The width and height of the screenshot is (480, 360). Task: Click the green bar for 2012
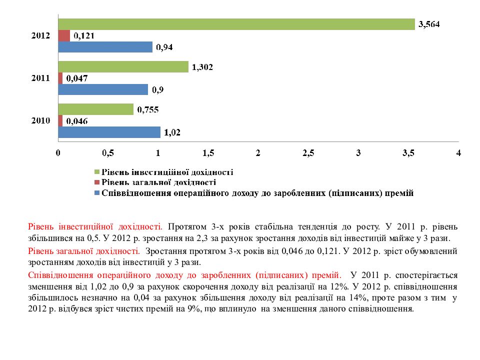pos(236,24)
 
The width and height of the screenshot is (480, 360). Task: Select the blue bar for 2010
pos(109,132)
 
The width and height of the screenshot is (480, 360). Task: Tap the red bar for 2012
pos(64,36)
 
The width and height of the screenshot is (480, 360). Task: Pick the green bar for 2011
pos(123,67)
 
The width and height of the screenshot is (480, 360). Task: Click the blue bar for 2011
pos(103,89)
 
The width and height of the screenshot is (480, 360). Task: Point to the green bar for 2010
pos(96,109)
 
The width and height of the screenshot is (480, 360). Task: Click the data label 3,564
pos(429,24)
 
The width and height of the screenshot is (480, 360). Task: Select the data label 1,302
pos(202,67)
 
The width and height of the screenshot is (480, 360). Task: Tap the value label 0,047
pos(77,78)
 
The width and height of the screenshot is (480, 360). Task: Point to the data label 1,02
pos(172,132)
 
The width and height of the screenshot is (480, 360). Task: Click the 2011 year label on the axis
pos(40,78)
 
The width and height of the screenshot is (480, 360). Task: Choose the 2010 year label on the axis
pos(40,120)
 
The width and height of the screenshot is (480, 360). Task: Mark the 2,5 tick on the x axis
pos(308,153)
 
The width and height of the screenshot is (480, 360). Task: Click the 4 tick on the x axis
pos(458,153)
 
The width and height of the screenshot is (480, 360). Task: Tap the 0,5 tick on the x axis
pos(108,153)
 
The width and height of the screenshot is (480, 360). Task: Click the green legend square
pos(97,172)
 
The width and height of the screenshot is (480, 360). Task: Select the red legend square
pos(97,183)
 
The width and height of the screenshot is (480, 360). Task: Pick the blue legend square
pos(97,193)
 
